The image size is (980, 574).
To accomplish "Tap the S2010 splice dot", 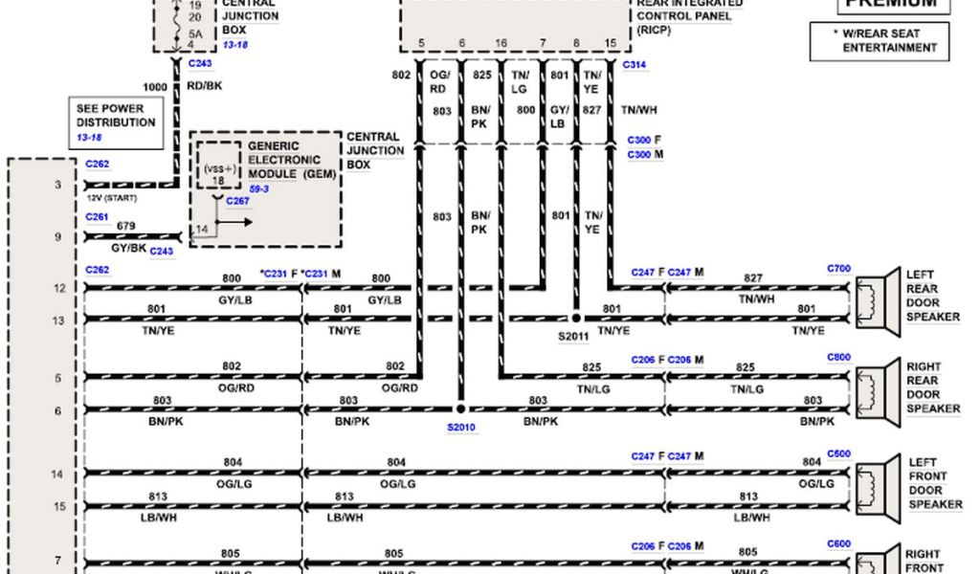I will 460,408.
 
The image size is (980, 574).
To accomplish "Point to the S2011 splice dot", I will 576,317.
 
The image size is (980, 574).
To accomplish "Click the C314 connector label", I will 635,64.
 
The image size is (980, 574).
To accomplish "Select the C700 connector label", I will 838,269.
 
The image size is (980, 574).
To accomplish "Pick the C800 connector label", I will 838,357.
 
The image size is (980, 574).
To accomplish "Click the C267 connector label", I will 237,201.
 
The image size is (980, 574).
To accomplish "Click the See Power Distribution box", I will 115,121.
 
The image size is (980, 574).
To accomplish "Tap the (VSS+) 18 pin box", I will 218,166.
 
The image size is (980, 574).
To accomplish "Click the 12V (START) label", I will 113,197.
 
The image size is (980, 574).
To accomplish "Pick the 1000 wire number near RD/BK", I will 154,87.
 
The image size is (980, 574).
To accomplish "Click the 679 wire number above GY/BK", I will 124,226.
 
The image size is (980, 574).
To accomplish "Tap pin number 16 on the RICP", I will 501,43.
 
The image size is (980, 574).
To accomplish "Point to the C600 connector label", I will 838,544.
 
